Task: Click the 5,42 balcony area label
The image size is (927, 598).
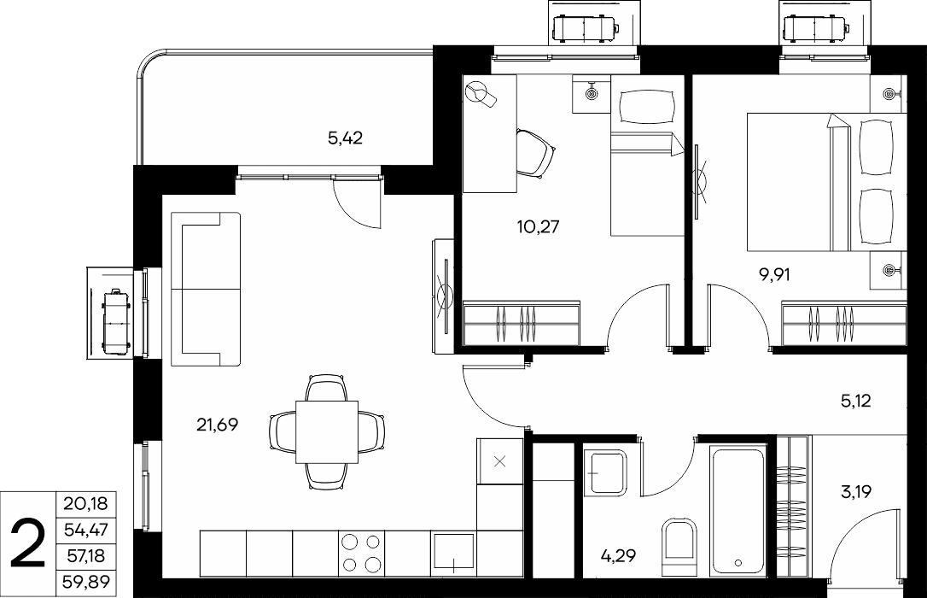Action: (x=345, y=139)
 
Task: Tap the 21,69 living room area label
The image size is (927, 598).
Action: (x=217, y=425)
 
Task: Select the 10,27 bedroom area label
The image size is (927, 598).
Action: (x=538, y=226)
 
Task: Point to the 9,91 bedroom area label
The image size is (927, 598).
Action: (x=774, y=275)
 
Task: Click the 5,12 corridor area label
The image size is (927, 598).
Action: (x=855, y=402)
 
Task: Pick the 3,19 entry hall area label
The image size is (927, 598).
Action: (x=856, y=491)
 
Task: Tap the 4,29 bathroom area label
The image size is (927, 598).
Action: (x=618, y=555)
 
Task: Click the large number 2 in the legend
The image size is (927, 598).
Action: (x=28, y=544)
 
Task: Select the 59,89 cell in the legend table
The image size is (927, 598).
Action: (x=85, y=583)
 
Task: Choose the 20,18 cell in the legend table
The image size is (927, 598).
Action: (x=85, y=504)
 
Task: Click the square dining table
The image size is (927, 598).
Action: (x=327, y=431)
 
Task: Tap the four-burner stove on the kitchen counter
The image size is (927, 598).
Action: (x=361, y=553)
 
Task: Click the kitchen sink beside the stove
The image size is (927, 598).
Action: (x=454, y=553)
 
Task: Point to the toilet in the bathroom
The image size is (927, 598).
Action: (x=679, y=547)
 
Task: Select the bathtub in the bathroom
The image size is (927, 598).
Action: (x=738, y=512)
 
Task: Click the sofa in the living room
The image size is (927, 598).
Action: (x=206, y=290)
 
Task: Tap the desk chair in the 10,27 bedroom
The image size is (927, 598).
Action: (x=535, y=153)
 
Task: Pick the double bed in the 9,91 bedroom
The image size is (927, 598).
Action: (x=826, y=182)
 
